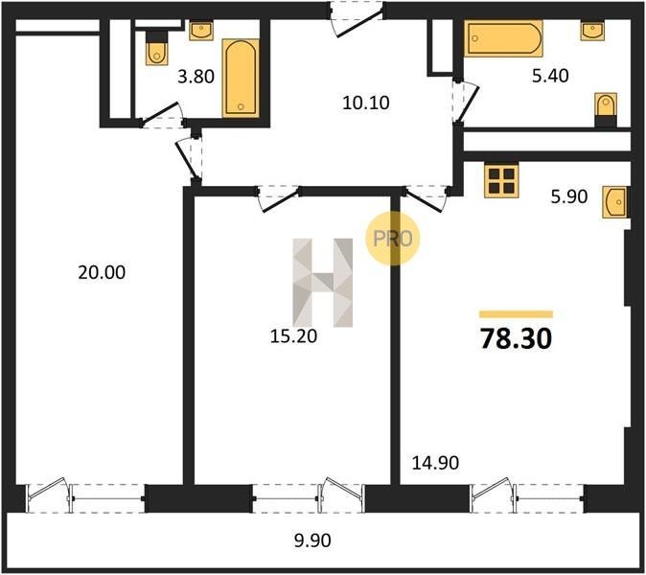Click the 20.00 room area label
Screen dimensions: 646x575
point(102,273)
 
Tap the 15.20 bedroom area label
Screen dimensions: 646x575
point(293,336)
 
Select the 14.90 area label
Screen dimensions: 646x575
point(435,463)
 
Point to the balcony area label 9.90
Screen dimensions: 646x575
point(312,540)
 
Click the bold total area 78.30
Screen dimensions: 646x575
point(516,338)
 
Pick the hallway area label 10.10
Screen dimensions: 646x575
point(366,103)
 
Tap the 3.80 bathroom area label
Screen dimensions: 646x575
point(196,77)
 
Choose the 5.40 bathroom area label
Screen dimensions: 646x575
point(550,76)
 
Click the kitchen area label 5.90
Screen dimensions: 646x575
point(569,196)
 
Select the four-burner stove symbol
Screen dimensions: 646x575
point(501,181)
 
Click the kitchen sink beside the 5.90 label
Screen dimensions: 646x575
point(614,202)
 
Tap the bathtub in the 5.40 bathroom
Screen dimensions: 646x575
point(503,38)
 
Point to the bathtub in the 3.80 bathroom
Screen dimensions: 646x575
point(241,79)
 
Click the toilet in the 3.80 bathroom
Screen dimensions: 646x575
point(156,48)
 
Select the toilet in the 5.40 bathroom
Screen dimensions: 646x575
point(606,110)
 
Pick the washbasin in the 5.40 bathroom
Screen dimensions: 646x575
point(592,31)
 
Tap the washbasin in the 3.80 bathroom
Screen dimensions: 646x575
point(201,31)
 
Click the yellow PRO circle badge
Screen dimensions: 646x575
point(392,238)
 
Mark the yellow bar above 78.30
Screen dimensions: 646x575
point(516,314)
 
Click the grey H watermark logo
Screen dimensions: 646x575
point(323,283)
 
